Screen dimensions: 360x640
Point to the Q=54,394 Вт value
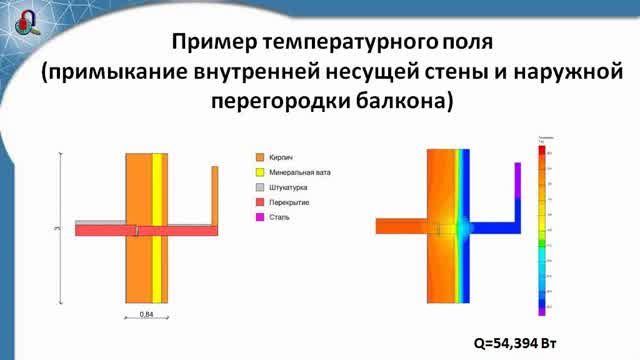click(514, 342)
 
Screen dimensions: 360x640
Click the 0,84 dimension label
click(145, 314)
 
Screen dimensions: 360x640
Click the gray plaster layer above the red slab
click(100, 223)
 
